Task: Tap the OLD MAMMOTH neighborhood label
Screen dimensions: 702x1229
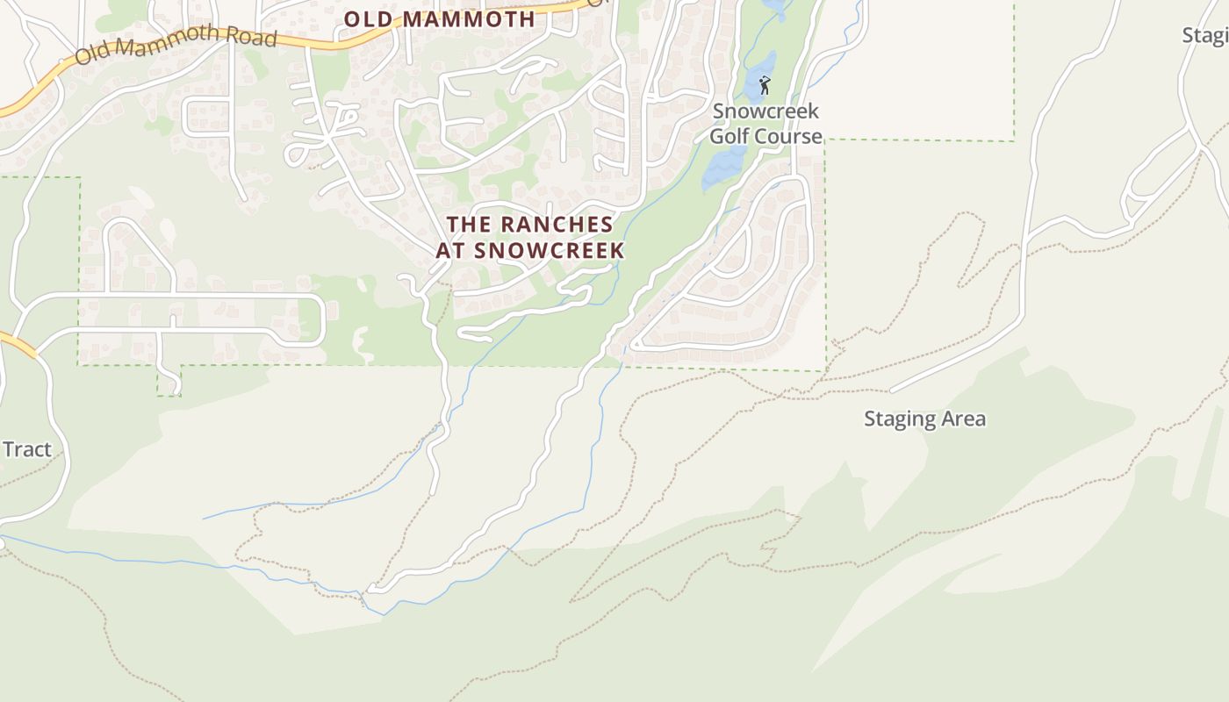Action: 439,18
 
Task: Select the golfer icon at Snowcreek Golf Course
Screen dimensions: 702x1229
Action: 764,85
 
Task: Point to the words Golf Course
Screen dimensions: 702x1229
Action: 765,136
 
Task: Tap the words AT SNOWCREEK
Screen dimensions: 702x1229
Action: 529,250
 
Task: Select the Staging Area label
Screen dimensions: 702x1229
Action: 924,419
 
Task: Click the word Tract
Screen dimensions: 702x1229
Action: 27,449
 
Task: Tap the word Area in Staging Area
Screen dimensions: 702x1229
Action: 966,419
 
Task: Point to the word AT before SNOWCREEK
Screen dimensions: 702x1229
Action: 449,250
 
